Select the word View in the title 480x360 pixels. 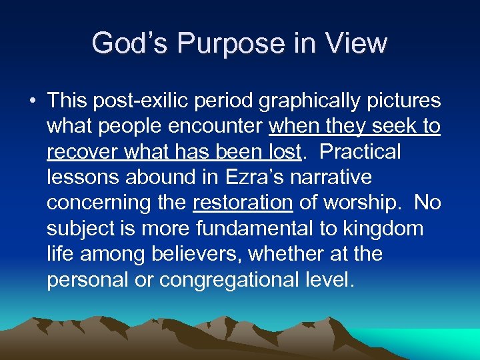357,43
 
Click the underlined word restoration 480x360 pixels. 243,203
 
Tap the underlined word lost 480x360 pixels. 283,152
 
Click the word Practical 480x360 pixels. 361,152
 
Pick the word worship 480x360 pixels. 360,203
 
